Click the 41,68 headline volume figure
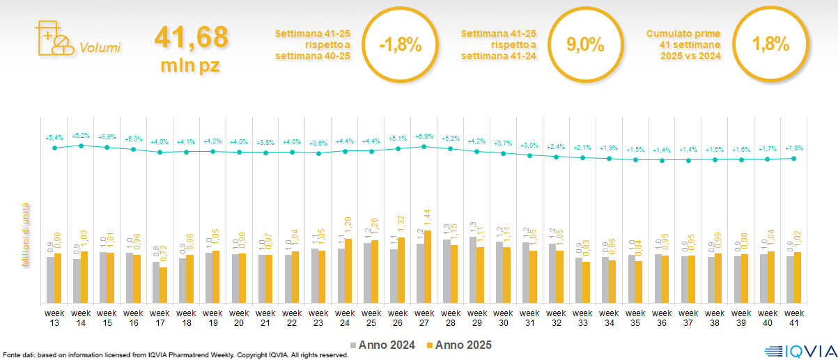pos(191,38)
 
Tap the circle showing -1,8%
pos(400,45)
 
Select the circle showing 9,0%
pos(584,45)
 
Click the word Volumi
pos(100,48)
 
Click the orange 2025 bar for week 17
pos(163,285)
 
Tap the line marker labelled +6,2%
pos(81,146)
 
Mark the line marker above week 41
pos(793,158)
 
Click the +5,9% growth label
pos(424,136)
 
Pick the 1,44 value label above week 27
pos(428,219)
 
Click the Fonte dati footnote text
pos(175,355)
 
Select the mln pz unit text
pos(191,65)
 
